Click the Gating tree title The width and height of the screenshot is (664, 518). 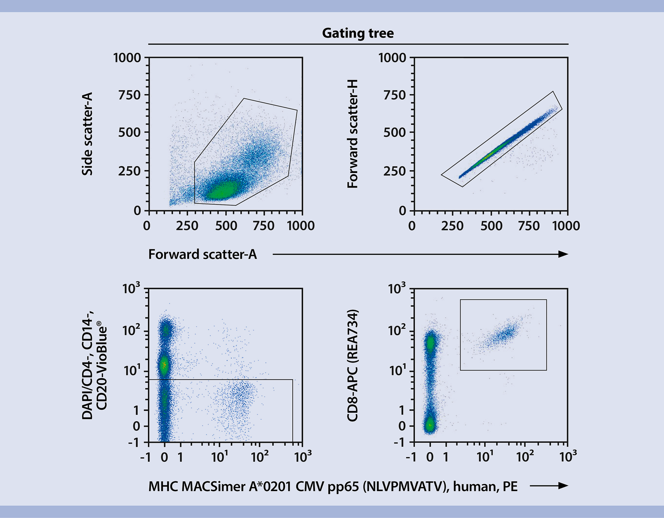point(358,33)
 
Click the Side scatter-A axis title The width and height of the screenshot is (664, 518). point(87,134)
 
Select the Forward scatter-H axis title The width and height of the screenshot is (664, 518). point(352,134)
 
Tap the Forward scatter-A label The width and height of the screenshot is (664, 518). point(202,254)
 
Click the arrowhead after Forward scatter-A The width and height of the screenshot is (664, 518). point(563,254)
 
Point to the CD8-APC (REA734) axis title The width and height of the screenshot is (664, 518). point(352,365)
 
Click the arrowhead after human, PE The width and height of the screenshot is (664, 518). point(563,486)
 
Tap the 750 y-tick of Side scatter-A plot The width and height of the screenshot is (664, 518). point(129,95)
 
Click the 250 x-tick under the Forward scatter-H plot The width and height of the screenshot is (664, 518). point(452,226)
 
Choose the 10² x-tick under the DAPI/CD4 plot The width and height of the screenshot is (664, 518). point(259,457)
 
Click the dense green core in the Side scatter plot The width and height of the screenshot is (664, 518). point(221,190)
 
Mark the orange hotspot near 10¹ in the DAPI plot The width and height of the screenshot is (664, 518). point(164,364)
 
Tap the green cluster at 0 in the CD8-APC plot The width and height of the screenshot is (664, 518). point(430,425)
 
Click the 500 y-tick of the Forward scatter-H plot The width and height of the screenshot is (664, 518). point(394,132)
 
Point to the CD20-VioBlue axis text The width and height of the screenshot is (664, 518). point(102,365)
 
